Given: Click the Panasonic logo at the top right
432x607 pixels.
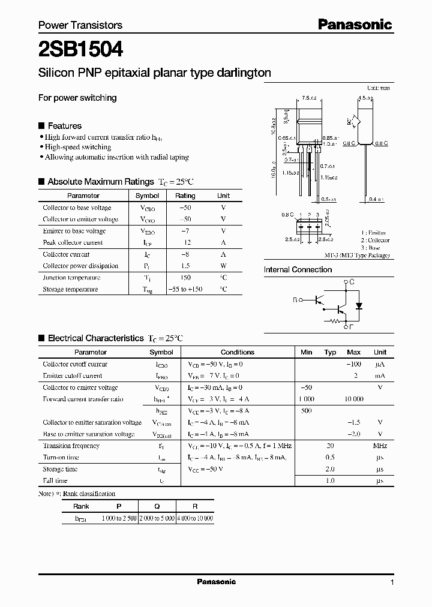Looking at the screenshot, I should (x=355, y=25).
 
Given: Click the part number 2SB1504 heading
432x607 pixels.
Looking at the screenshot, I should (x=81, y=49).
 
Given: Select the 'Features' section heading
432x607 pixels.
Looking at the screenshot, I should (x=64, y=126).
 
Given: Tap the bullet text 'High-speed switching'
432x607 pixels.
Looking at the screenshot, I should (x=78, y=147).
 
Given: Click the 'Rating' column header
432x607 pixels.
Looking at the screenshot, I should (x=185, y=196).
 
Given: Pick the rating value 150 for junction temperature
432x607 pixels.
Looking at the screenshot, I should (x=185, y=278).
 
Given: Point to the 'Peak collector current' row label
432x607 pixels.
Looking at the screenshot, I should (x=73, y=243).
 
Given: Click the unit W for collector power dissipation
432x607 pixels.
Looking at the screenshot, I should (x=223, y=266).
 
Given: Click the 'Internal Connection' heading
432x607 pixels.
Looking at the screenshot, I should (x=298, y=270).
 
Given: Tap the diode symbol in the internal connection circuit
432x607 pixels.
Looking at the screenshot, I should (x=359, y=305).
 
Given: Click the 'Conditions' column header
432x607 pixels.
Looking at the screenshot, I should (x=238, y=352).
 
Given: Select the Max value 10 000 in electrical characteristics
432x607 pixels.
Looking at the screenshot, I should (x=354, y=399).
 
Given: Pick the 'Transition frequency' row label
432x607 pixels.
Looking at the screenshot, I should (x=71, y=446).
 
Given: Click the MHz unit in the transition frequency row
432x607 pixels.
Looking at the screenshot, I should (x=380, y=446).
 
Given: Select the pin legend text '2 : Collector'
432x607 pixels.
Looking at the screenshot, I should (x=375, y=240).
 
